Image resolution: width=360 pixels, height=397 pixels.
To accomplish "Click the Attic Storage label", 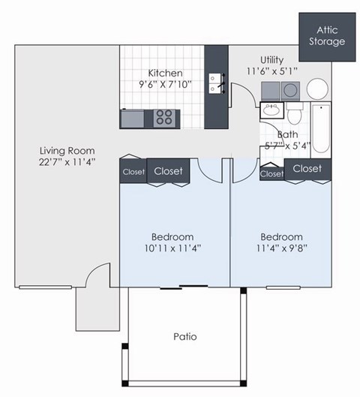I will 327,35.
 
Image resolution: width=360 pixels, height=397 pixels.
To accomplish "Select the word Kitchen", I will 165,73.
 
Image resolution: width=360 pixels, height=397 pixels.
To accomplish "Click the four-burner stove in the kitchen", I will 163,117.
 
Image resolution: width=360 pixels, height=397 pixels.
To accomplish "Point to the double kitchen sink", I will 216,83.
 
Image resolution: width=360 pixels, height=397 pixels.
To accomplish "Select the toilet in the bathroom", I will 295,114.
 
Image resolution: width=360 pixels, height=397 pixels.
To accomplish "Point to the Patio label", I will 184,336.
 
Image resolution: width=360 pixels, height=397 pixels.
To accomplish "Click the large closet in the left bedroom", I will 168,171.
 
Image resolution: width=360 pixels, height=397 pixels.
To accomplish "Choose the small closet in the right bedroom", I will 272,173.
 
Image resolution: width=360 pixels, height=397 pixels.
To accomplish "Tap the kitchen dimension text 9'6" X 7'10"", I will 165,85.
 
